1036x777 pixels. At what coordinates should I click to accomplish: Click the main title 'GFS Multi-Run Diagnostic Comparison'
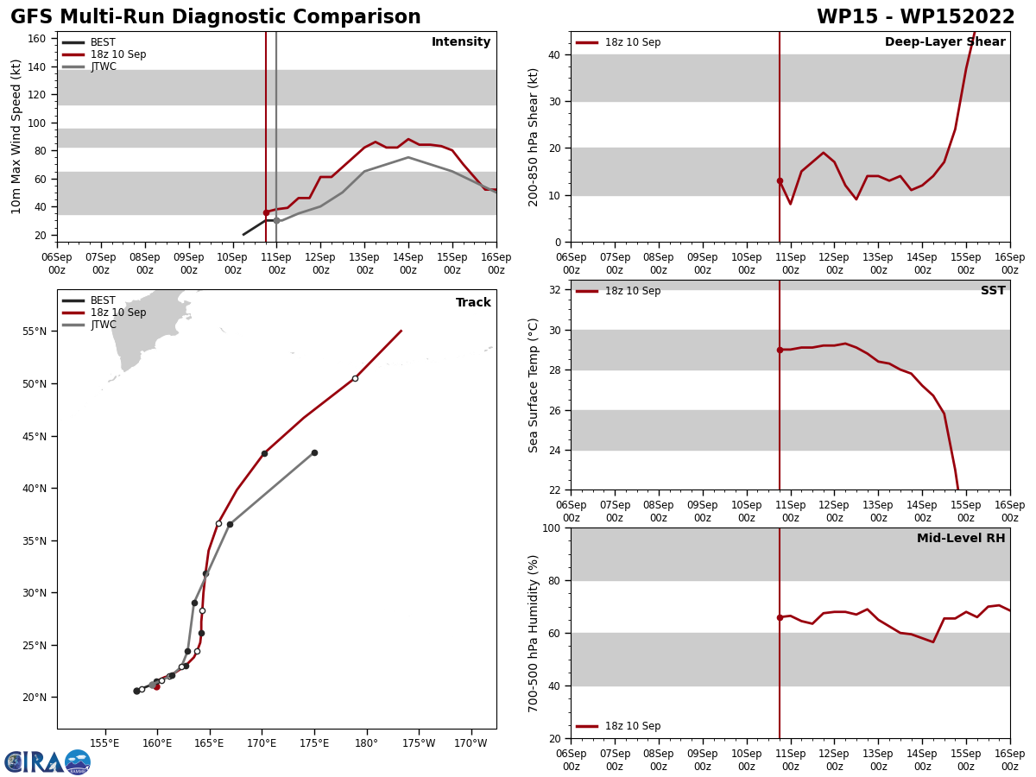[x=216, y=17]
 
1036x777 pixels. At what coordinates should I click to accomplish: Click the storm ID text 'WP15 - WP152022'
[x=915, y=17]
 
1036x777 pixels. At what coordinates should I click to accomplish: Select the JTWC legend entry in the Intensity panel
[x=103, y=66]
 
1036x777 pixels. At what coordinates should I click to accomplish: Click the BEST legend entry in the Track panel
[x=103, y=300]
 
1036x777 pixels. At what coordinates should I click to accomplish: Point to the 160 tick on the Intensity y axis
[x=37, y=39]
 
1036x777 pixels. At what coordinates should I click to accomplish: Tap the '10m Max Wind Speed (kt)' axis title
[x=16, y=136]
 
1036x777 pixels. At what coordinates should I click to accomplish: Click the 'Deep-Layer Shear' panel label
[x=944, y=42]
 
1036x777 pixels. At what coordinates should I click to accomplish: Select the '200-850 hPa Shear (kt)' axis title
[x=534, y=136]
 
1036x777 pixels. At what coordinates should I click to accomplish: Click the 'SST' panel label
[x=993, y=291]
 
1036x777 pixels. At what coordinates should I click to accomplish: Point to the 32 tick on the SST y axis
[x=556, y=290]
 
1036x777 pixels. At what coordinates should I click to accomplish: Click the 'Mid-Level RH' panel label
[x=961, y=539]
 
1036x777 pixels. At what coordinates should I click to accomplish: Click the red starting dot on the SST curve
[x=780, y=350]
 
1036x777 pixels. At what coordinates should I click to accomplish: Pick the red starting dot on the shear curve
[x=780, y=180]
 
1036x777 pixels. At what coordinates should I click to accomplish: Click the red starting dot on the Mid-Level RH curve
[x=780, y=617]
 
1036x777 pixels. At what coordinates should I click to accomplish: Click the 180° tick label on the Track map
[x=366, y=742]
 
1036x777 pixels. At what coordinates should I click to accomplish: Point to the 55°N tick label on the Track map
[x=35, y=332]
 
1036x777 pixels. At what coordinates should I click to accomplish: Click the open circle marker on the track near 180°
[x=355, y=378]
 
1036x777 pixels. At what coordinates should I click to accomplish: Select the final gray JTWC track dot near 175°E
[x=314, y=452]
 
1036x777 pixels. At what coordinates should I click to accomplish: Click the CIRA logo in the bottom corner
[x=47, y=761]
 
